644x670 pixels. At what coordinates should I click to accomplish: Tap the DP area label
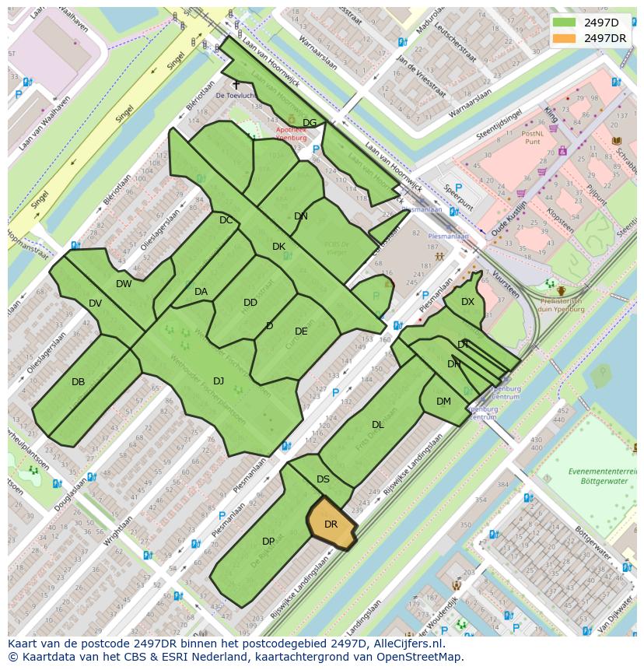click(x=268, y=541)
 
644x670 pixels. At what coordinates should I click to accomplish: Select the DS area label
click(x=324, y=479)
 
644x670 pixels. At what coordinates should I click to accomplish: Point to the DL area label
click(x=378, y=425)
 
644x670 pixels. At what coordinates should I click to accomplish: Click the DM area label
click(x=443, y=402)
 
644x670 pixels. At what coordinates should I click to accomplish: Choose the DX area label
click(x=467, y=302)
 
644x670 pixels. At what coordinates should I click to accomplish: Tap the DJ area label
click(x=219, y=381)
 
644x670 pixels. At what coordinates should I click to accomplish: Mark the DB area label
click(x=78, y=382)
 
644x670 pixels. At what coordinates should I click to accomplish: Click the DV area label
click(x=95, y=303)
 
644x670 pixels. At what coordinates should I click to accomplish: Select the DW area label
click(x=124, y=284)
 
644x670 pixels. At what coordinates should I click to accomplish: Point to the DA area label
click(x=201, y=292)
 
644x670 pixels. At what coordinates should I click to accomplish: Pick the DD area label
click(x=250, y=303)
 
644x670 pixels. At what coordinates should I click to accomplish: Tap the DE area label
click(x=301, y=331)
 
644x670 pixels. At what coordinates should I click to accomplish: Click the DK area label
click(x=278, y=247)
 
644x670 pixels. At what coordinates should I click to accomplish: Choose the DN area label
click(x=301, y=216)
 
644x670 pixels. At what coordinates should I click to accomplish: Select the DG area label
click(x=310, y=123)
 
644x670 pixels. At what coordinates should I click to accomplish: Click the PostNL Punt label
click(x=532, y=138)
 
